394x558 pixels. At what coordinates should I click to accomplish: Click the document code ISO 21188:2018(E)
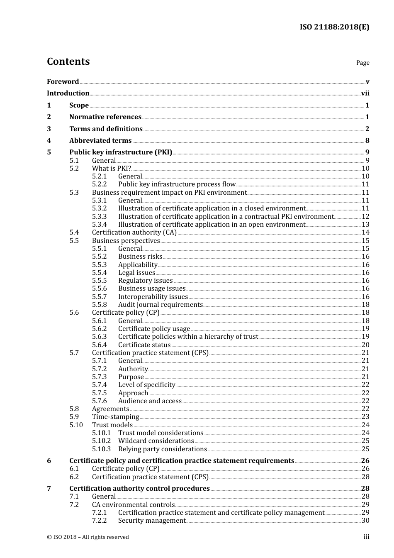334,27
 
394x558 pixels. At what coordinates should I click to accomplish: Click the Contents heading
68,61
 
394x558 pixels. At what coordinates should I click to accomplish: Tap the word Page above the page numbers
362,63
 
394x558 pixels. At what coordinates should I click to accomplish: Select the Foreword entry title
63,82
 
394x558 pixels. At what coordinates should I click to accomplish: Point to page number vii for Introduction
365,93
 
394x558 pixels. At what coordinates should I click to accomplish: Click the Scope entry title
79,105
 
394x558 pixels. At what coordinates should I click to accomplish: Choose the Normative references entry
105,117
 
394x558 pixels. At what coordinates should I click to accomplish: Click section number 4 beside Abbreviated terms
49,141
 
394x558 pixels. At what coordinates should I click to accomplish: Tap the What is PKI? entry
111,169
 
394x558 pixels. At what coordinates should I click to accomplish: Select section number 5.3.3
99,217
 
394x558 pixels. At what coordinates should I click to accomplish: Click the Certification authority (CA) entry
134,232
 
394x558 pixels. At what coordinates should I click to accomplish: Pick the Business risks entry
140,257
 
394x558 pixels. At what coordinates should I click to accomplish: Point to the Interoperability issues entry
153,297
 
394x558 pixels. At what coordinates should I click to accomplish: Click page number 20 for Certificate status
365,345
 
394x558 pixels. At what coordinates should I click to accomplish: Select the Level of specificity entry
146,385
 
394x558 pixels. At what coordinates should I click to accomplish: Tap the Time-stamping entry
115,417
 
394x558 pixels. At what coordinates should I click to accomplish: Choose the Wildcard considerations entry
156,441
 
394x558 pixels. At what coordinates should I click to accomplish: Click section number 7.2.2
99,521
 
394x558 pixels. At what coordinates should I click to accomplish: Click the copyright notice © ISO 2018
88,537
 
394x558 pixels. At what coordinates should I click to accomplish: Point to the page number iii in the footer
366,537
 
